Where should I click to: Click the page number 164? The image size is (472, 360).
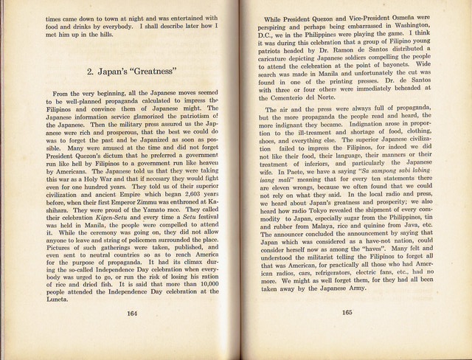tap(132, 333)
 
